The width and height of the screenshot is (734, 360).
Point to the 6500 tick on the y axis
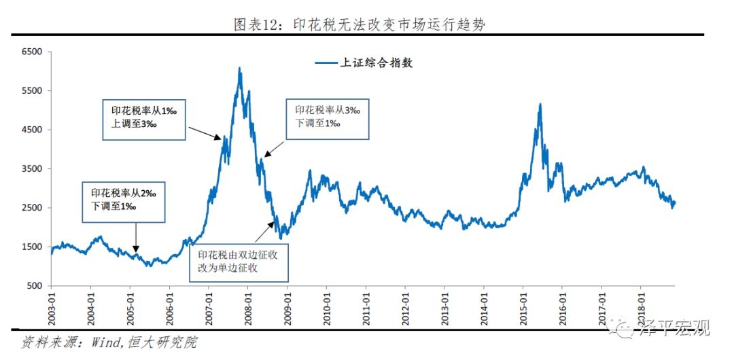31,52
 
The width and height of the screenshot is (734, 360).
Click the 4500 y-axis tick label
31,130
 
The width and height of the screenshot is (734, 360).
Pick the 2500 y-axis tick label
31,208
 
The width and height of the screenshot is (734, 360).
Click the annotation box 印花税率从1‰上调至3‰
144,119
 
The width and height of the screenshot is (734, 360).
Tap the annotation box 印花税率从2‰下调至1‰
124,201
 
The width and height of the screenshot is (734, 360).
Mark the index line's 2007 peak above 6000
239,68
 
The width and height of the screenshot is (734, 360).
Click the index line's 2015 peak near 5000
540,105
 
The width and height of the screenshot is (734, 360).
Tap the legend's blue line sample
327,63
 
